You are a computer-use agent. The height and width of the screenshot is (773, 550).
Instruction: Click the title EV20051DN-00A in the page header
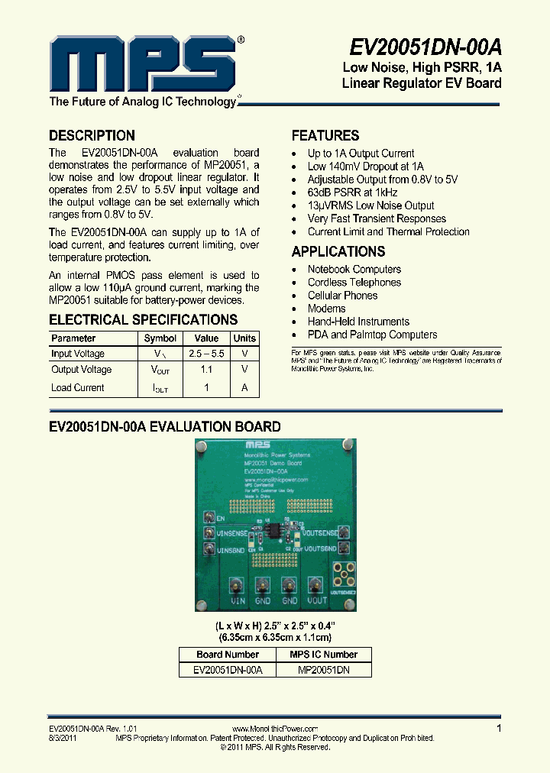(x=425, y=47)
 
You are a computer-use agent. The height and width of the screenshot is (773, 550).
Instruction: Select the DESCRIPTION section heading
(x=92, y=135)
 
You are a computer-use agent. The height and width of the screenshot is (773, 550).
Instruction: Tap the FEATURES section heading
(x=325, y=135)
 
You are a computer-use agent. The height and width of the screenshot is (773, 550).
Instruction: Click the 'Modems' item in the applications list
(x=327, y=309)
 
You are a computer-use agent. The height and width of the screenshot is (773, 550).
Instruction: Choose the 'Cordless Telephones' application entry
(x=354, y=283)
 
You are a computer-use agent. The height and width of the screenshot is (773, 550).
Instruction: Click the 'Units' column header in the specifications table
(x=244, y=338)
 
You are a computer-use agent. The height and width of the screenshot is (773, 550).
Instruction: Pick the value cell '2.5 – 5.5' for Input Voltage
(x=206, y=354)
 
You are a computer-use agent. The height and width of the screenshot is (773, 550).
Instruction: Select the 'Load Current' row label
(x=78, y=387)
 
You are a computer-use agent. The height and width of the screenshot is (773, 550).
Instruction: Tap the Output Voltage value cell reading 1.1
(x=206, y=370)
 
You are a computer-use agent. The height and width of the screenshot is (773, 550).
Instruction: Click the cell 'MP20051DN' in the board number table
(x=323, y=669)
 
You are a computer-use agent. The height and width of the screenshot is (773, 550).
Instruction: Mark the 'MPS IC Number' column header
(x=323, y=655)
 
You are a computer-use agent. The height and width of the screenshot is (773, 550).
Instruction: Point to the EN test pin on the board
(x=208, y=518)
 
